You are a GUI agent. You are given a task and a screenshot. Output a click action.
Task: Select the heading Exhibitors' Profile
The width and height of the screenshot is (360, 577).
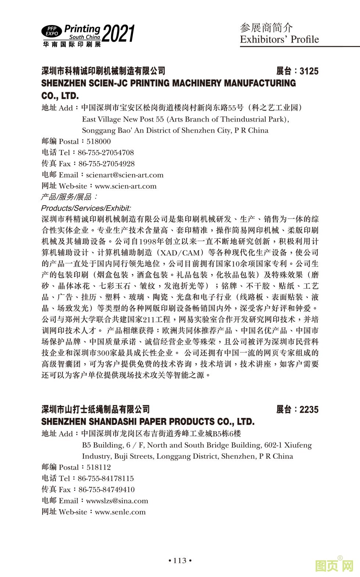pyautogui.click(x=279, y=39)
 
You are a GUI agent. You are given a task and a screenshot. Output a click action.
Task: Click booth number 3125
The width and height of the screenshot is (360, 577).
pyautogui.click(x=309, y=71)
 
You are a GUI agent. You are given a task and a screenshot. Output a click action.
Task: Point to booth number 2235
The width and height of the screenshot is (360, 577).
pyautogui.click(x=309, y=410)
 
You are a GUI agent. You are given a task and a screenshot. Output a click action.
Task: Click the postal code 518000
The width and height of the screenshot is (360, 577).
pyautogui.click(x=98, y=141)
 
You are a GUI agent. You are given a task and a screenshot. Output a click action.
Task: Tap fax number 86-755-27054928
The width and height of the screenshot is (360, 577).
pyautogui.click(x=107, y=163)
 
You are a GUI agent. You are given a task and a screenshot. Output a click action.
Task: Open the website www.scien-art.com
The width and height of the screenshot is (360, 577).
pyautogui.click(x=126, y=186)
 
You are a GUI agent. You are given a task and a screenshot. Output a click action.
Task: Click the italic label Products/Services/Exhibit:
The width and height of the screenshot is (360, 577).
pyautogui.click(x=86, y=208)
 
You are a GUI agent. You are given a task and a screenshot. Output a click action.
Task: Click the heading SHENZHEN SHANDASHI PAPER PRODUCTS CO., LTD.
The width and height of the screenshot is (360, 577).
pyautogui.click(x=148, y=421)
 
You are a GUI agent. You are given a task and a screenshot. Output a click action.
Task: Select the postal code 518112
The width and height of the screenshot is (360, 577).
pyautogui.click(x=98, y=467)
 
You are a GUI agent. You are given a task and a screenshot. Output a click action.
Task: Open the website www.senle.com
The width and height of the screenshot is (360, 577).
pyautogui.click(x=120, y=512)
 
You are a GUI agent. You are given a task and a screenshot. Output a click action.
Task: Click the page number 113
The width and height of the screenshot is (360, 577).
pyautogui.click(x=180, y=560)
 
